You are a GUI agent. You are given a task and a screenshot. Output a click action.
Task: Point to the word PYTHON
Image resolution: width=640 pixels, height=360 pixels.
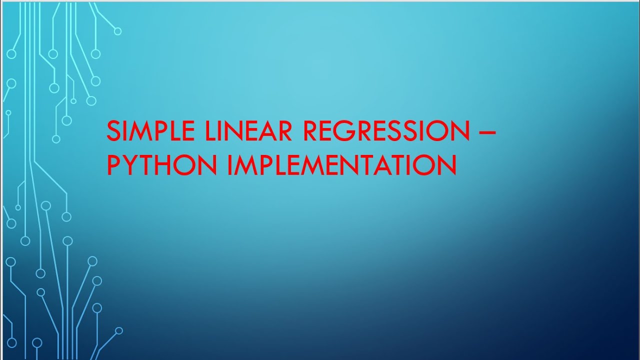[x=162, y=165]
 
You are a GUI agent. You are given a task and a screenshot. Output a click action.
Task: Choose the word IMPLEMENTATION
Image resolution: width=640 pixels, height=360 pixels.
[x=341, y=165]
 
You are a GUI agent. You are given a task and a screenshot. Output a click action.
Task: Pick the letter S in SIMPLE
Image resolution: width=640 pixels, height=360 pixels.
[x=114, y=131]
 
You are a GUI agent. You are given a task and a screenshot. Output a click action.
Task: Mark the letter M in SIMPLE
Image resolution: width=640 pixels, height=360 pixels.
[x=141, y=131]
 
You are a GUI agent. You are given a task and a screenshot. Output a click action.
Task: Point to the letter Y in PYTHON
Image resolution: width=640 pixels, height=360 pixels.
[x=132, y=165]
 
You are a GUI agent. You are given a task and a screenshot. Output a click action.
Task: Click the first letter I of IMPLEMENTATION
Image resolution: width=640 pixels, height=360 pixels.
[x=230, y=165]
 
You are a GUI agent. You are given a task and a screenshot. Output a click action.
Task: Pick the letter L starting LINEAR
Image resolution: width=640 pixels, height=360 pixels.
[x=210, y=131]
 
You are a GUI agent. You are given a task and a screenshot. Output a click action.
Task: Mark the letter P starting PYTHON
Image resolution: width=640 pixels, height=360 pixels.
[x=114, y=165]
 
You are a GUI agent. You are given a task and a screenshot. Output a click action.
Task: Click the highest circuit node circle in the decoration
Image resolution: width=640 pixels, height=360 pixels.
[x=117, y=31]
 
